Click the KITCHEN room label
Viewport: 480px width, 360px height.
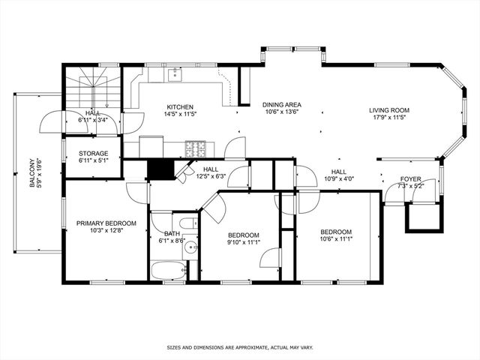pyautogui.click(x=181, y=106)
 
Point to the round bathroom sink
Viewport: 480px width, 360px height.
pyautogui.click(x=191, y=246)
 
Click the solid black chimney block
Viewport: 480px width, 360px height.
pyautogui.click(x=159, y=169)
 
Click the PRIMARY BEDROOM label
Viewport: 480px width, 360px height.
pyautogui.click(x=106, y=223)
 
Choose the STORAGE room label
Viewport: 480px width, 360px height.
pyautogui.click(x=94, y=153)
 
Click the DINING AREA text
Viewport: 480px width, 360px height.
pyautogui.click(x=282, y=105)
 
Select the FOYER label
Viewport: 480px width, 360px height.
pyautogui.click(x=410, y=179)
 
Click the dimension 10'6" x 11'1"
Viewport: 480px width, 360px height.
pyautogui.click(x=337, y=239)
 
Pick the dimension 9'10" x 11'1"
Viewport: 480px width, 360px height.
pyautogui.click(x=243, y=242)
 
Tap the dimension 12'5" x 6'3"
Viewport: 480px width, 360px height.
pyautogui.click(x=211, y=177)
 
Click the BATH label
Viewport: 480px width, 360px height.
pyautogui.click(x=172, y=233)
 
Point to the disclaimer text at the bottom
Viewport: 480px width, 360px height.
pyautogui.click(x=240, y=348)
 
